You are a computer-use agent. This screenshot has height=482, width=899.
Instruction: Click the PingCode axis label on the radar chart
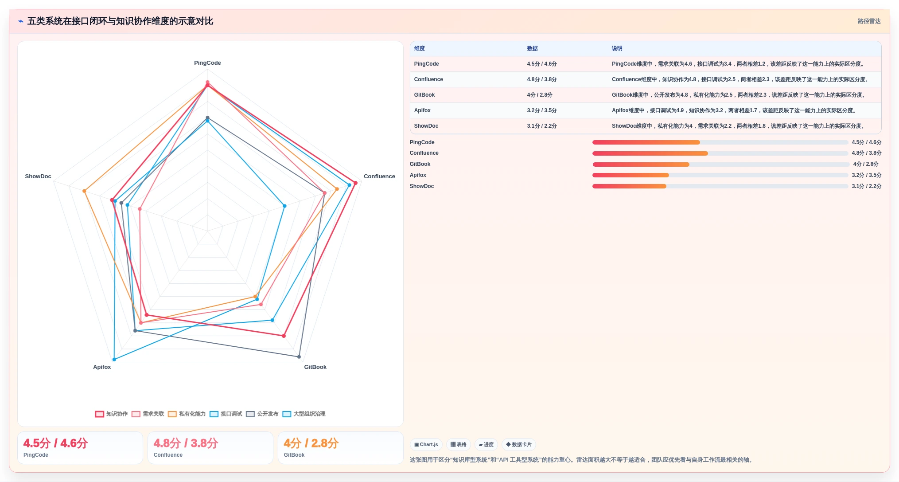tap(207, 63)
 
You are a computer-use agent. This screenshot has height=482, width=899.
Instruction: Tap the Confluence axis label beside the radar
tap(379, 176)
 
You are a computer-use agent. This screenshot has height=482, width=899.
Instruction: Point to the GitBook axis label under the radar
tap(315, 367)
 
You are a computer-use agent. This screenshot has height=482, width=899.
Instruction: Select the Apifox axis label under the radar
tap(102, 367)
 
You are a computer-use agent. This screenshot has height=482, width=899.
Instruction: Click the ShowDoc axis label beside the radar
tap(38, 176)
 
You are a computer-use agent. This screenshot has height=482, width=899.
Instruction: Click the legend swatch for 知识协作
tap(99, 414)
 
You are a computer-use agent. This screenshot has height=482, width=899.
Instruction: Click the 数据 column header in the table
tap(532, 49)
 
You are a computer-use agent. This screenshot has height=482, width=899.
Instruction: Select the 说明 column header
tap(617, 49)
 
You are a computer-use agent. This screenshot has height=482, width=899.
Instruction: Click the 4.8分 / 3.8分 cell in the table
tap(542, 79)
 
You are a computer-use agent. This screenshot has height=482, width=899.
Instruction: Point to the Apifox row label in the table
tap(422, 110)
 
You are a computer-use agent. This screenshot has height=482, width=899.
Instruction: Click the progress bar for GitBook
tap(720, 165)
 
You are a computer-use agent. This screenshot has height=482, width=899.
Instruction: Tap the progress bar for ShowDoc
tap(720, 186)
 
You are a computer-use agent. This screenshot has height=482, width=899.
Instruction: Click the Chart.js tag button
tap(426, 445)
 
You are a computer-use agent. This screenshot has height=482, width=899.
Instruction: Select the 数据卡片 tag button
tap(518, 445)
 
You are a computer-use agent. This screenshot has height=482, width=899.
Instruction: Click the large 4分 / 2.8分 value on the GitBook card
tap(311, 443)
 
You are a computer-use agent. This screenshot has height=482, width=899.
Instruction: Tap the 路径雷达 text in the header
tap(869, 21)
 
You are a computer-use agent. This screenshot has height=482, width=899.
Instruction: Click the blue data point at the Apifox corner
tap(114, 359)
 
